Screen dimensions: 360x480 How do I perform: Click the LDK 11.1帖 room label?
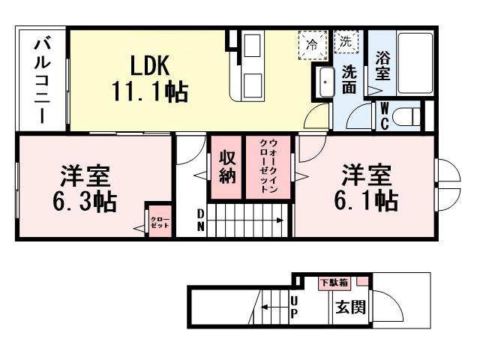click(149, 78)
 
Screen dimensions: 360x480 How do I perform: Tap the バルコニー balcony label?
click(40, 79)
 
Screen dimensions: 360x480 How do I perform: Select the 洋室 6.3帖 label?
click(84, 188)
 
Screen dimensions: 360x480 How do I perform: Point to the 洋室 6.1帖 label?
click(367, 187)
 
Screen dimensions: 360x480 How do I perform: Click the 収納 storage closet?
click(227, 166)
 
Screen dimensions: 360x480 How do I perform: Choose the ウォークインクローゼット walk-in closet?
click(271, 166)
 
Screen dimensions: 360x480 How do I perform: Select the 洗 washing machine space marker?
click(345, 43)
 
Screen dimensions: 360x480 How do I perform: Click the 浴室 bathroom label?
click(382, 65)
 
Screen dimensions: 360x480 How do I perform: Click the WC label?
click(384, 116)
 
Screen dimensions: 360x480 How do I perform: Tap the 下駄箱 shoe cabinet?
click(334, 283)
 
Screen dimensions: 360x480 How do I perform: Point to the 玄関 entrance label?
click(350, 307)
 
